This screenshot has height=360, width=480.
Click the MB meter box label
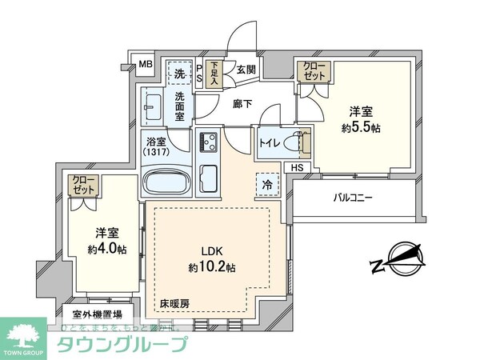click(146, 65)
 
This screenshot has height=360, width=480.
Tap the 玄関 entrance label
click(244, 70)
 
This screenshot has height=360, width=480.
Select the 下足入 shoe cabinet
click(214, 74)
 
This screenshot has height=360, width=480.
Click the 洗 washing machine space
click(180, 74)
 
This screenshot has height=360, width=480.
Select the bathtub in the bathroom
click(166, 182)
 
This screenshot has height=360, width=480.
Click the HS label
click(296, 168)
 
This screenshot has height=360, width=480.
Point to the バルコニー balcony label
click(353, 197)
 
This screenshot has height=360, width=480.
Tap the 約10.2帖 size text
click(212, 266)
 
